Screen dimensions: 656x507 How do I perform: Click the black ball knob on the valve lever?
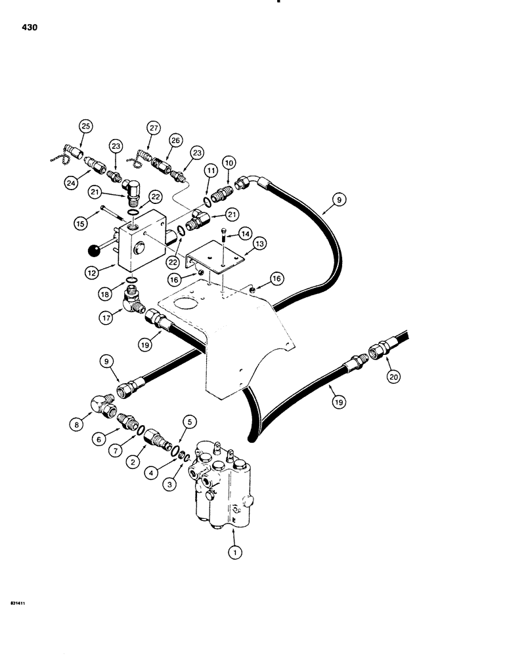94,249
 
